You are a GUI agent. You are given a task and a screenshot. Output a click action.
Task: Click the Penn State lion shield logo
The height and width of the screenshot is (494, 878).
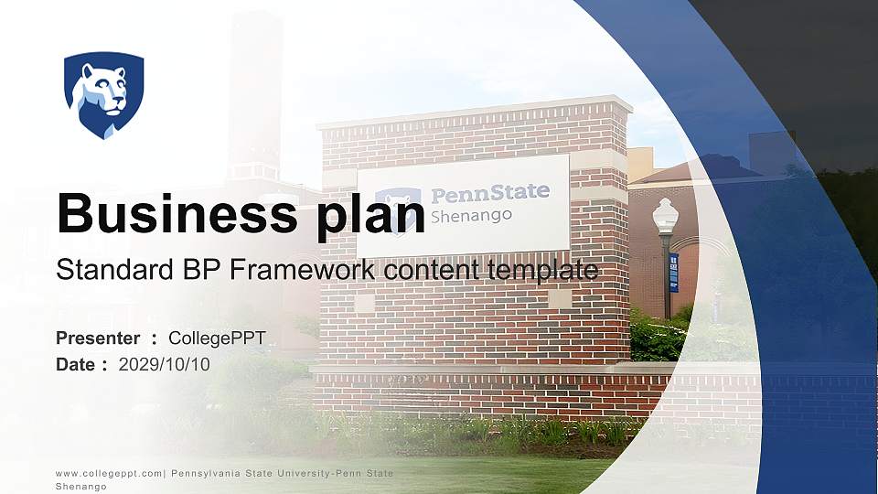tap(103, 94)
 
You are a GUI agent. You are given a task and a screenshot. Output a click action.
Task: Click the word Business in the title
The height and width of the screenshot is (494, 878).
tap(169, 212)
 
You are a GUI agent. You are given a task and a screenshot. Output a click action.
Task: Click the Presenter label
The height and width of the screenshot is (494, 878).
tap(98, 338)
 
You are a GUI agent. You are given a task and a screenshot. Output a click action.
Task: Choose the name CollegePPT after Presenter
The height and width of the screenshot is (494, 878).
tap(217, 338)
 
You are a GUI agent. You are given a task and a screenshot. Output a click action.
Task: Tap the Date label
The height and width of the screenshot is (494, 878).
tap(76, 364)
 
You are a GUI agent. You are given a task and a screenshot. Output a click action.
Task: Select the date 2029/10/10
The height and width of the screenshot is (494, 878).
tap(165, 364)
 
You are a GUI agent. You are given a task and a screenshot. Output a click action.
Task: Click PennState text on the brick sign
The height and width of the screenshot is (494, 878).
tap(490, 193)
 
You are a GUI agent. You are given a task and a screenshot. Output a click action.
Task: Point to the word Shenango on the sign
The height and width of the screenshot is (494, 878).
tap(471, 216)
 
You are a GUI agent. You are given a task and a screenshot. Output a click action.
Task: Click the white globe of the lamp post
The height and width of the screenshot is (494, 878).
tap(665, 215)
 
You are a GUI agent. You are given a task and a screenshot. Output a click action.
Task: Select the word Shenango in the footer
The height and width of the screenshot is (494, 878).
tap(81, 487)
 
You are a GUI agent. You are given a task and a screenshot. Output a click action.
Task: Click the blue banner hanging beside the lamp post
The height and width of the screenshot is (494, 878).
tap(674, 272)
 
